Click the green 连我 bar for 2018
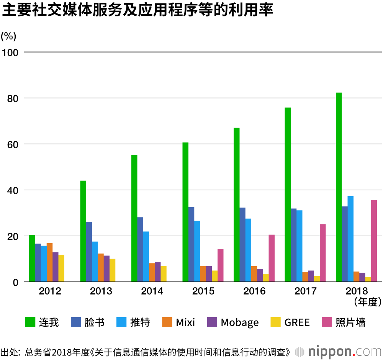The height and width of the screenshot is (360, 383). click(339, 187)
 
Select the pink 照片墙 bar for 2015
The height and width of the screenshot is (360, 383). click(221, 265)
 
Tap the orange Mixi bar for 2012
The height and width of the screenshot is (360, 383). click(49, 263)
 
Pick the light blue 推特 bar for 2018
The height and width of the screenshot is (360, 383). click(350, 239)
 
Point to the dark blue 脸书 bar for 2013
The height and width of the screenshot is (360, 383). click(89, 252)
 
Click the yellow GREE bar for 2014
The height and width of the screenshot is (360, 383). click(164, 274)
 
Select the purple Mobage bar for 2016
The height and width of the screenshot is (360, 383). click(260, 275)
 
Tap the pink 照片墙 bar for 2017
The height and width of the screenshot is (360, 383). click(323, 253)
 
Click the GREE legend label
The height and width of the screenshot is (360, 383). click(297, 322)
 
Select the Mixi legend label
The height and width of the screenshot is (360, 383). click(185, 322)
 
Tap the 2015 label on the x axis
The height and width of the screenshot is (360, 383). click(203, 291)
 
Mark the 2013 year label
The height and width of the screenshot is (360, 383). click(101, 291)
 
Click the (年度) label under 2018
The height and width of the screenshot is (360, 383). click(367, 303)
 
